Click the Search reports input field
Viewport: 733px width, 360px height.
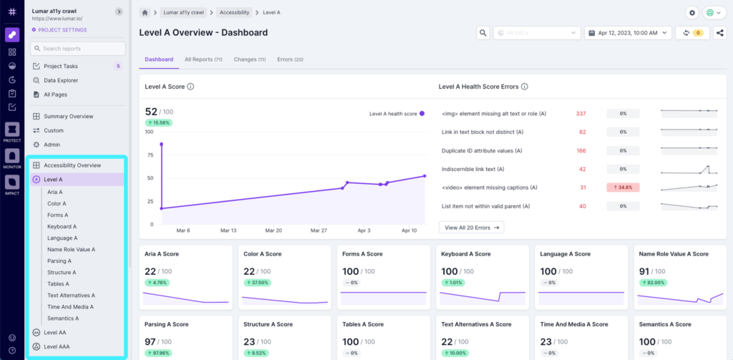pyautogui.click(x=77, y=49)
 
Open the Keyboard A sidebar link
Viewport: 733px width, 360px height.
pyautogui.click(x=62, y=226)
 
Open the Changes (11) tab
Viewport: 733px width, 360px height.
pyautogui.click(x=249, y=59)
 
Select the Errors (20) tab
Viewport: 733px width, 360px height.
pyautogui.click(x=290, y=59)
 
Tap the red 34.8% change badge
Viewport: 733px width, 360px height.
pyautogui.click(x=622, y=188)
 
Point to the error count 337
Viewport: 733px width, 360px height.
pyautogui.click(x=581, y=113)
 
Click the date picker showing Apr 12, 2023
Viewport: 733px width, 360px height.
pyautogui.click(x=628, y=33)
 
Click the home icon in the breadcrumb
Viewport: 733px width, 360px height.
pyautogui.click(x=145, y=13)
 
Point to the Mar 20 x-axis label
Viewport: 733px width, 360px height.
pyautogui.click(x=273, y=231)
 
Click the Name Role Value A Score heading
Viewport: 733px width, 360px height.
pyautogui.click(x=674, y=254)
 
